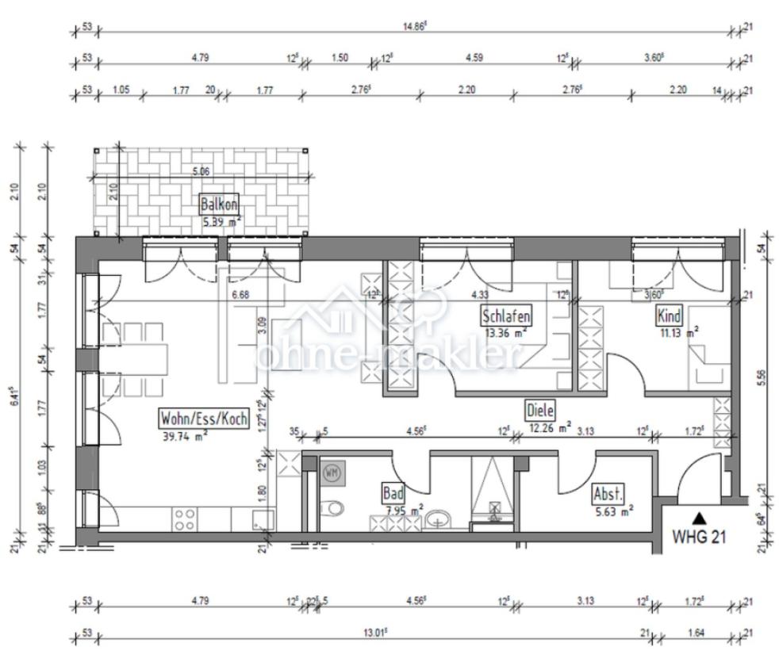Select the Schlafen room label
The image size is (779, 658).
click(x=505, y=316)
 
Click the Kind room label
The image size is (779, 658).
click(x=669, y=316)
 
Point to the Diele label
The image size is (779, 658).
click(x=539, y=410)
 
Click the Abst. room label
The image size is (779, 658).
click(x=608, y=495)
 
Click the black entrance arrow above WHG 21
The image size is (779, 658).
click(x=698, y=517)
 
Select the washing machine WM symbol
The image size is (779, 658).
click(x=331, y=473)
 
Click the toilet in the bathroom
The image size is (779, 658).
click(x=332, y=507)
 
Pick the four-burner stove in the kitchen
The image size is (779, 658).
click(x=185, y=519)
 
